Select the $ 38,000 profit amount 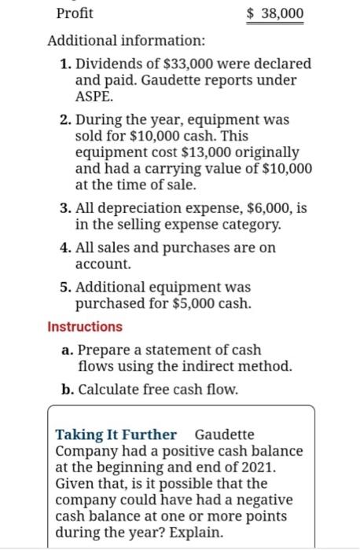tap(274, 13)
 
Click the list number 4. tap(65, 250)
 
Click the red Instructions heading tap(85, 326)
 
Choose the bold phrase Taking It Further tap(116, 434)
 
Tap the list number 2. tap(65, 120)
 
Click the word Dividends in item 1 tap(108, 63)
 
